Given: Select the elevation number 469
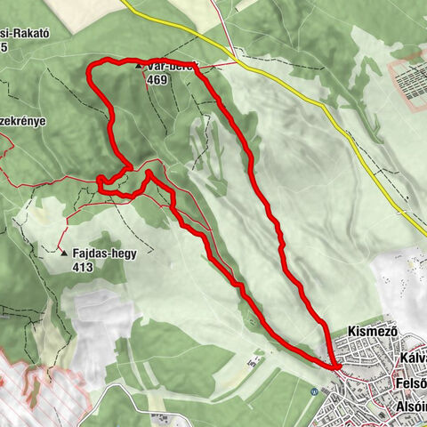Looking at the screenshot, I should click(x=157, y=78).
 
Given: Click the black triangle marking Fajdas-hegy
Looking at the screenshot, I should click(x=64, y=254).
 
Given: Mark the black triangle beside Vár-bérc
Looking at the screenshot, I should click(x=138, y=66).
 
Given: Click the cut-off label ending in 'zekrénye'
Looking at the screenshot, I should click(x=22, y=121).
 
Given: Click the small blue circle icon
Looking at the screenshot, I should click(x=316, y=391).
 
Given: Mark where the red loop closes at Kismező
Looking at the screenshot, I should click(x=336, y=367).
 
